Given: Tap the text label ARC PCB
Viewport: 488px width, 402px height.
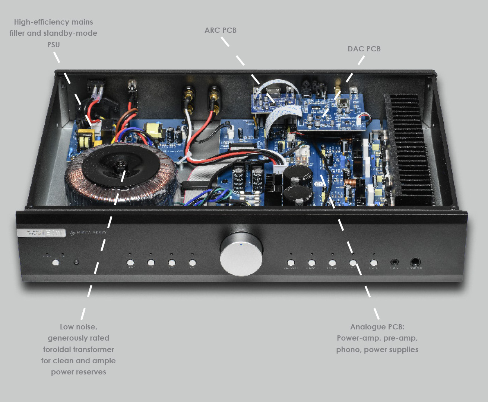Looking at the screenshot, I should [220, 30].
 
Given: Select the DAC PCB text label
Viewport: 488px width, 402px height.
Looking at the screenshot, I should [364, 49].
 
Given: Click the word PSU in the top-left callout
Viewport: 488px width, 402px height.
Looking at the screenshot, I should [53, 45].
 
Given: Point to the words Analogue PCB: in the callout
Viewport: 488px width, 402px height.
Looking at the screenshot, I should [377, 327].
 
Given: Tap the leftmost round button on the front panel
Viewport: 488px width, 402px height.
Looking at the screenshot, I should [56, 262].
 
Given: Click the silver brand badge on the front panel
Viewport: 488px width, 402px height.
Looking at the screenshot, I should [41, 233].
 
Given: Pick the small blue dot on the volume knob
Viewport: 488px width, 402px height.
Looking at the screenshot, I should [241, 245].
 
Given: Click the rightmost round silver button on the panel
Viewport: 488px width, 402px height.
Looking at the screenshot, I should [374, 263].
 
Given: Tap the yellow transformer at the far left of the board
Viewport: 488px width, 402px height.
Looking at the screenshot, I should [85, 138].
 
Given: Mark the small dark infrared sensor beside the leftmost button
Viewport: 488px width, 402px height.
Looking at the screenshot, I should [76, 262].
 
